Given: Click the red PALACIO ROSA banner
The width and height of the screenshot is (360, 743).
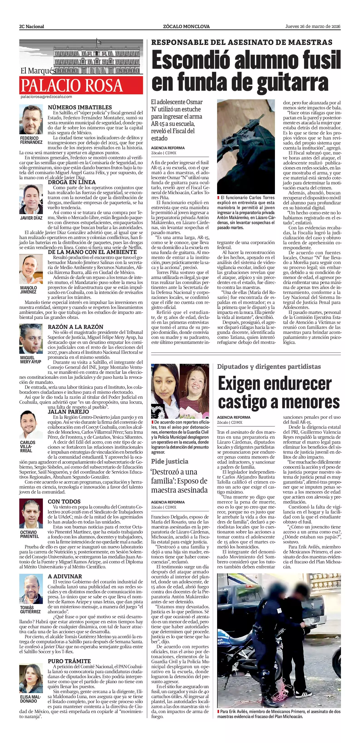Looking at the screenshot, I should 81,85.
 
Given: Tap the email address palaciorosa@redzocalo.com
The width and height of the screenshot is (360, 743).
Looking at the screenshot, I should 46,97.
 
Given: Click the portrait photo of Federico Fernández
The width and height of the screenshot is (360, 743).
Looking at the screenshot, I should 31,119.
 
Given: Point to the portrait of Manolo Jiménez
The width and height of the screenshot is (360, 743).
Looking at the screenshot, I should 31,269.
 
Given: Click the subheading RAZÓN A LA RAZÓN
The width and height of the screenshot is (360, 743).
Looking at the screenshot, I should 76,327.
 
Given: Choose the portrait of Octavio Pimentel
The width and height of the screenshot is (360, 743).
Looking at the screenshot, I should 31,514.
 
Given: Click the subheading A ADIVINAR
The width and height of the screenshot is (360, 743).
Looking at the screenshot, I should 65,576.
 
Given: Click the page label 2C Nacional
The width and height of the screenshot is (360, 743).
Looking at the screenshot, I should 32,27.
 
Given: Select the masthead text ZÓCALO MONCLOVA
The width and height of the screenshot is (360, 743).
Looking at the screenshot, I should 186,27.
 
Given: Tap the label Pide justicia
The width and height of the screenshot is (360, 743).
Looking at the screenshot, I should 170,461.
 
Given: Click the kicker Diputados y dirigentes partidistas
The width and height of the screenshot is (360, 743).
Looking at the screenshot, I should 269,367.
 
